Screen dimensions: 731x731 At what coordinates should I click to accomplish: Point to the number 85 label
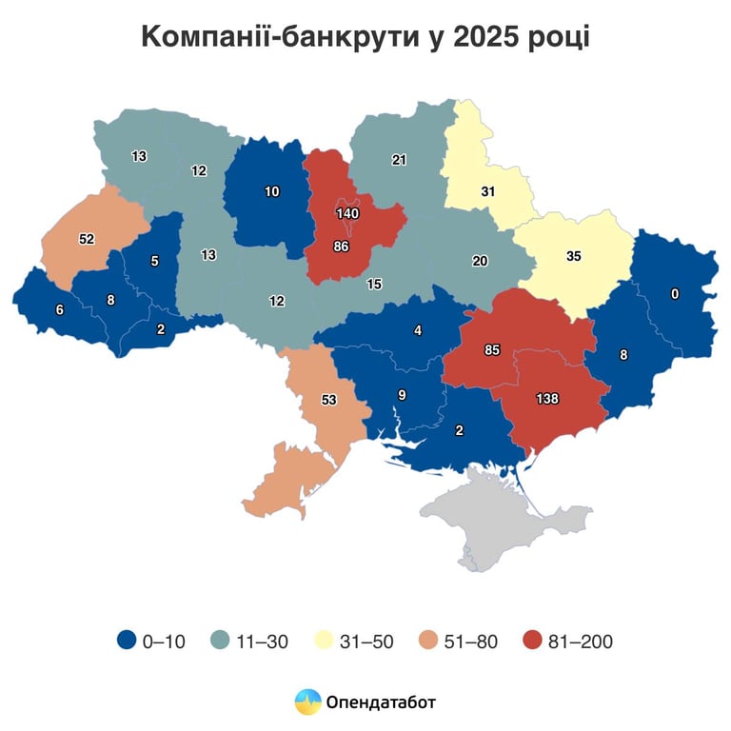pyautogui.click(x=492, y=350)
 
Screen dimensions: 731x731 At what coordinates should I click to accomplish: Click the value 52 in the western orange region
pyautogui.click(x=87, y=239)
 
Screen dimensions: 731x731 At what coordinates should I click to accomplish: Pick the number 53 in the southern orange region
pyautogui.click(x=329, y=401)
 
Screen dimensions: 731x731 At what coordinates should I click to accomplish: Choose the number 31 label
pyautogui.click(x=487, y=191)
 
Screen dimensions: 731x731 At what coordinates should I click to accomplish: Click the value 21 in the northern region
pyautogui.click(x=399, y=160)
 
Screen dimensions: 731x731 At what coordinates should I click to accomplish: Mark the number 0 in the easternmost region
pyautogui.click(x=675, y=294)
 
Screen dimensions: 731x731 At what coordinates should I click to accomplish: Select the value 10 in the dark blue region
pyautogui.click(x=272, y=191)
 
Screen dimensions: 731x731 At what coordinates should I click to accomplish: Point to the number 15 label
pyautogui.click(x=374, y=285)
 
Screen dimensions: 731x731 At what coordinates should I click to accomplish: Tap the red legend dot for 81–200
pyautogui.click(x=533, y=642)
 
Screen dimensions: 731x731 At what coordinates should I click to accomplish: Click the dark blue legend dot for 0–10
pyautogui.click(x=127, y=642)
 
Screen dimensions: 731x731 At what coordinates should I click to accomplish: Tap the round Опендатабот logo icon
pyautogui.click(x=307, y=702)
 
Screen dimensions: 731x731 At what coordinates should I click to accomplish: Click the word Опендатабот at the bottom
pyautogui.click(x=380, y=703)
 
